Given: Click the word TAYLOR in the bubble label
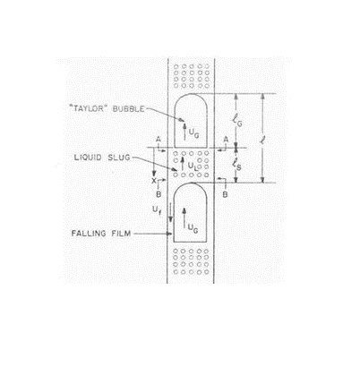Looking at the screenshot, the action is pyautogui.click(x=88, y=108).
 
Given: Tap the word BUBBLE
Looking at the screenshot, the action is pyautogui.click(x=128, y=108).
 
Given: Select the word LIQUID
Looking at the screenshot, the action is pyautogui.click(x=88, y=158).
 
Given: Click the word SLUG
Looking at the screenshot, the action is pyautogui.click(x=119, y=158).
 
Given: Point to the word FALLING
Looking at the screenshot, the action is pyautogui.click(x=89, y=234).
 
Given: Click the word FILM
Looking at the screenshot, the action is pyautogui.click(x=121, y=234).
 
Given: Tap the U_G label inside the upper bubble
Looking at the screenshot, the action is pyautogui.click(x=193, y=134).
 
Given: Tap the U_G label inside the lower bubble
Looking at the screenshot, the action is pyautogui.click(x=193, y=228).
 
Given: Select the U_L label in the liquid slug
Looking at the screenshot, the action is pyautogui.click(x=193, y=166).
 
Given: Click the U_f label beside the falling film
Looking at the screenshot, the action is pyautogui.click(x=157, y=210).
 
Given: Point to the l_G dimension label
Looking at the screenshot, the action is pyautogui.click(x=237, y=121).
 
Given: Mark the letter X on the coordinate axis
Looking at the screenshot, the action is pyautogui.click(x=154, y=181).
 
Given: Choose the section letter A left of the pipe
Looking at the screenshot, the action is pyautogui.click(x=159, y=140).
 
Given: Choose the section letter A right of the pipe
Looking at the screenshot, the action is pyautogui.click(x=226, y=140).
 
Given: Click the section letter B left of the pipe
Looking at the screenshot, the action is pyautogui.click(x=159, y=194).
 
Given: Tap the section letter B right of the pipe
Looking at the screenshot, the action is pyautogui.click(x=225, y=194).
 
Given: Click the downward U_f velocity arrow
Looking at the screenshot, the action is pyautogui.click(x=170, y=212).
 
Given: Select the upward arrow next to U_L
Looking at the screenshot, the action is pyautogui.click(x=183, y=163).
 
